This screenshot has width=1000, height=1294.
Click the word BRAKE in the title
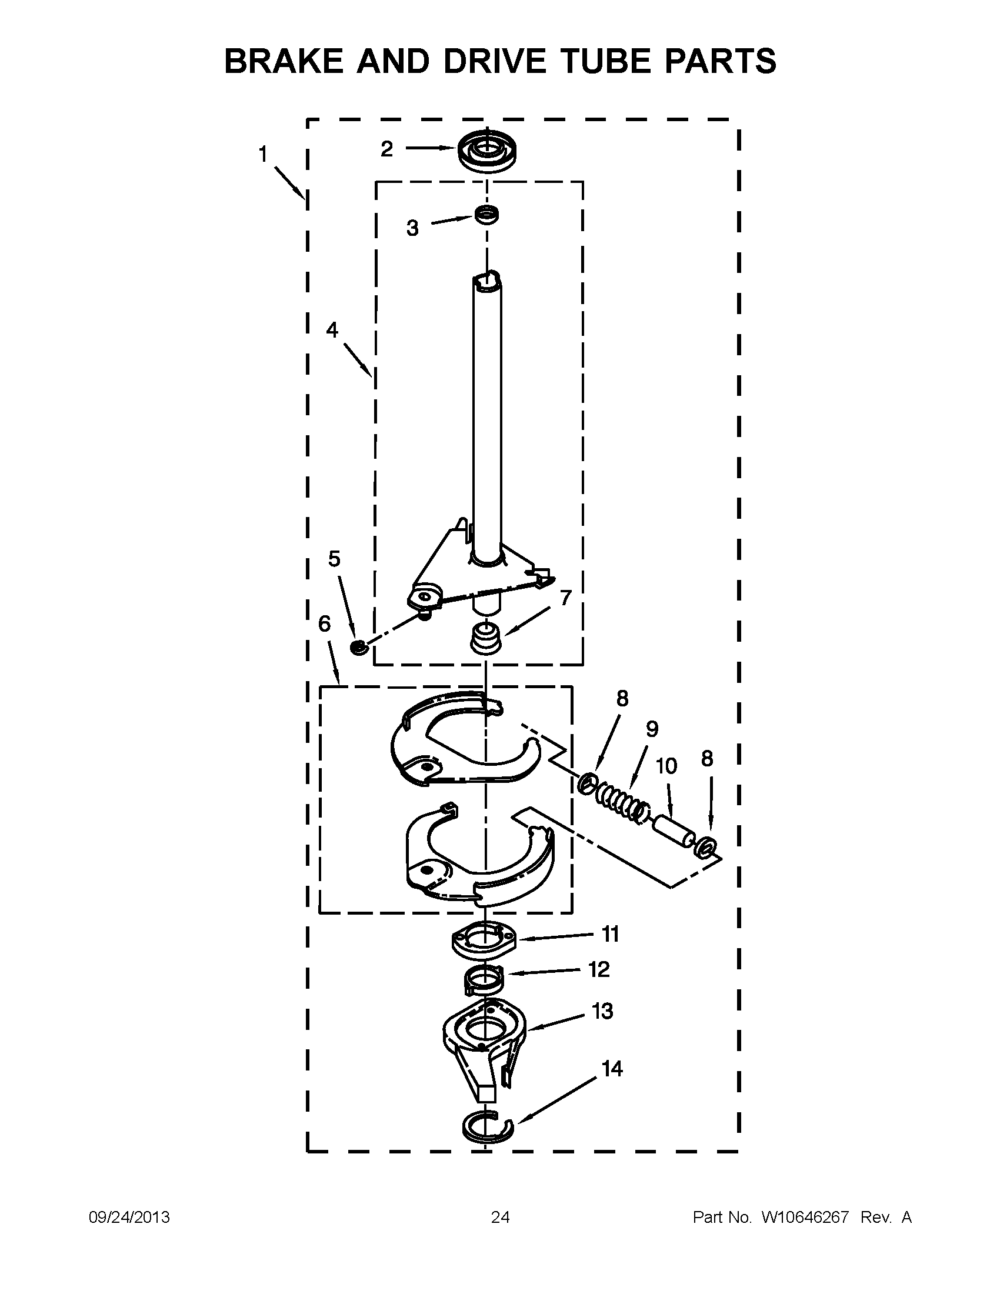[x=284, y=61]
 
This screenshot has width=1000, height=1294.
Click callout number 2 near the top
[x=387, y=149]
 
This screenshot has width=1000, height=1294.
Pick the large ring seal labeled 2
[x=486, y=152]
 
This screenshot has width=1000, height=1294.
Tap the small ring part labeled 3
[x=486, y=215]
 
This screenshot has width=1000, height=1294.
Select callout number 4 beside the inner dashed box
[x=332, y=329]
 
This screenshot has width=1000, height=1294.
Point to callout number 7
[x=565, y=598]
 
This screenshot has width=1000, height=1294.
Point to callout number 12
[x=599, y=970]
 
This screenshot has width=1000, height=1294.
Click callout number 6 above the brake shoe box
[x=325, y=623]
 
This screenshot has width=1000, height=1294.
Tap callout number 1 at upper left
[x=263, y=155]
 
